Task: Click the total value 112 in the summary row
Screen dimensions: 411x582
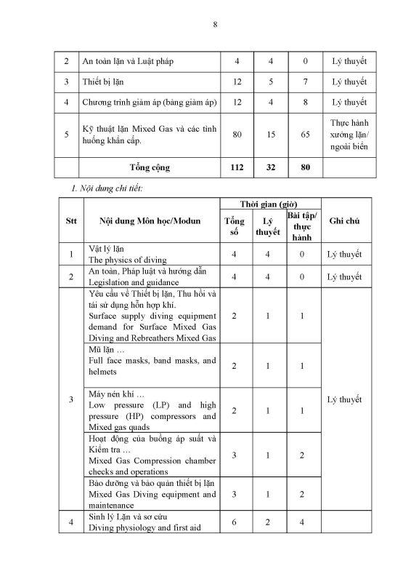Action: coord(237,167)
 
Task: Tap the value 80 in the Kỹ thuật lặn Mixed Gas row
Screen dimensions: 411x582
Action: coord(237,135)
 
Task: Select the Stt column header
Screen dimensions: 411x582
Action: coord(70,220)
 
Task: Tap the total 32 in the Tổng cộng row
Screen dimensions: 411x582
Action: coord(268,167)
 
